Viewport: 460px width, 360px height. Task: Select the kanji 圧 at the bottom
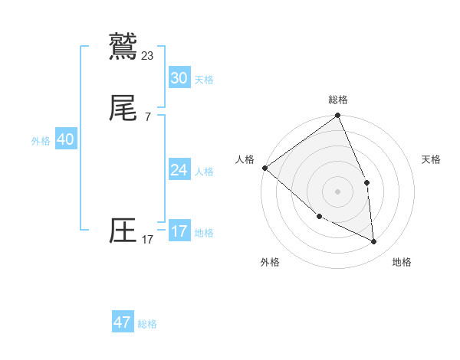pyautogui.click(x=123, y=231)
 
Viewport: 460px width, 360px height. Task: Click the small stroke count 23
pyautogui.click(x=148, y=55)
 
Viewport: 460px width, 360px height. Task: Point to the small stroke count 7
pyautogui.click(x=148, y=117)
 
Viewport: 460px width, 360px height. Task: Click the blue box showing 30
pyautogui.click(x=179, y=78)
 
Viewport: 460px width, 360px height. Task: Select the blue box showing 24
pyautogui.click(x=179, y=170)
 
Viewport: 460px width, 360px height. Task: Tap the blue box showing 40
pyautogui.click(x=65, y=139)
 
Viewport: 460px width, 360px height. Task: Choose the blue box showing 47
pyautogui.click(x=123, y=322)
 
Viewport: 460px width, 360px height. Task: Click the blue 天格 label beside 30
pyautogui.click(x=204, y=80)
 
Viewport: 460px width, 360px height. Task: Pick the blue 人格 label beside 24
pyautogui.click(x=204, y=172)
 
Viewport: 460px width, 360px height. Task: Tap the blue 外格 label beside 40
pyautogui.click(x=41, y=141)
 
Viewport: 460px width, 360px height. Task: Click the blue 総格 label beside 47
pyautogui.click(x=147, y=324)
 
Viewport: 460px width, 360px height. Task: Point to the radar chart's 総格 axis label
pyautogui.click(x=338, y=100)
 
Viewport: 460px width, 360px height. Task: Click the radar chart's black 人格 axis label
pyautogui.click(x=245, y=159)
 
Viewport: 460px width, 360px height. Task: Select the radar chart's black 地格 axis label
pyautogui.click(x=402, y=262)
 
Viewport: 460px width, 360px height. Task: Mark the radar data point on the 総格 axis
pyautogui.click(x=338, y=116)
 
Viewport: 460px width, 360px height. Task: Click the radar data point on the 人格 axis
pyautogui.click(x=264, y=168)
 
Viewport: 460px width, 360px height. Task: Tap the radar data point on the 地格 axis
pyautogui.click(x=373, y=241)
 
